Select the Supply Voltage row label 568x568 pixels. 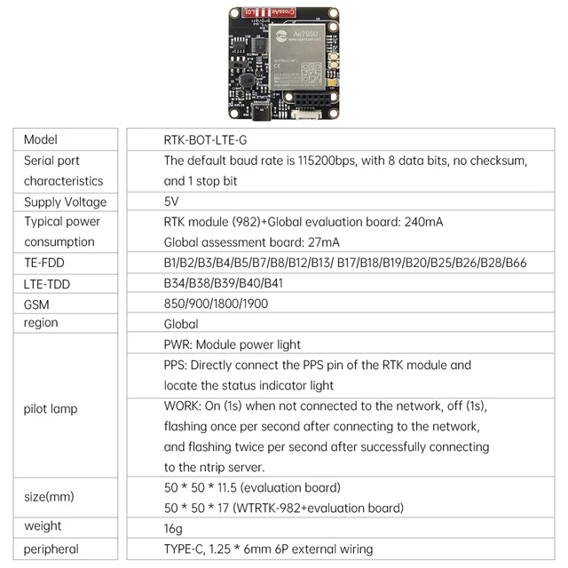(65, 202)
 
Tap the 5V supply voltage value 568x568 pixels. (171, 201)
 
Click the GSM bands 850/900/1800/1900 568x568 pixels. (216, 304)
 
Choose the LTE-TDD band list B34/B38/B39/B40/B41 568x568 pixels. (224, 283)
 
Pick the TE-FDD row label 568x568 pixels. (44, 263)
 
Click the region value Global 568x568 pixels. (181, 324)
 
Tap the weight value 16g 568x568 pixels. (174, 527)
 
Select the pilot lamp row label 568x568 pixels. (50, 409)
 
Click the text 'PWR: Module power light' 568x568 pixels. (233, 344)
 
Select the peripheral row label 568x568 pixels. (51, 548)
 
